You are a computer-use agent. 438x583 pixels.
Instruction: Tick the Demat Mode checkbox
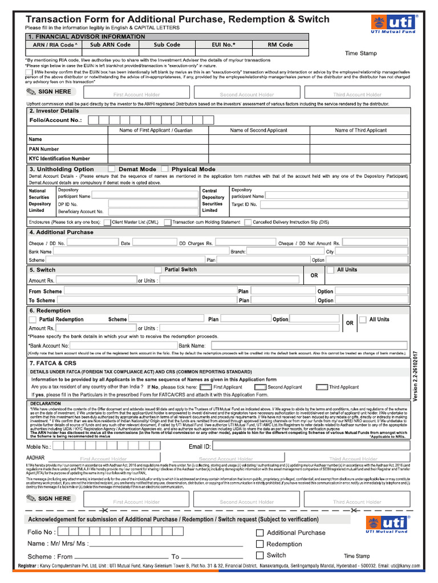(112, 169)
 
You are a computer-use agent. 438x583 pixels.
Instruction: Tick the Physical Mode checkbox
(165, 169)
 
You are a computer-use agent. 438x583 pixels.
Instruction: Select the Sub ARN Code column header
(111, 44)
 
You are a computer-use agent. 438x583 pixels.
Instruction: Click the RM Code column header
(280, 44)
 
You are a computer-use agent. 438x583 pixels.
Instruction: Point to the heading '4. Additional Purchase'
(61, 232)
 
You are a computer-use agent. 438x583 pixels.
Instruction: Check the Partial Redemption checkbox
(33, 320)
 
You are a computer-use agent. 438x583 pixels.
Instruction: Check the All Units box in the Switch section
(330, 270)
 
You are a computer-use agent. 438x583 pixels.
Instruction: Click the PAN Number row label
(43, 149)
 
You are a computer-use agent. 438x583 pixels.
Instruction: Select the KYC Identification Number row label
(59, 159)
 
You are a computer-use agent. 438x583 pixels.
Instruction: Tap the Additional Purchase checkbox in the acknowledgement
(260, 533)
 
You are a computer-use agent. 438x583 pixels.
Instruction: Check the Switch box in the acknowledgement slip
(260, 555)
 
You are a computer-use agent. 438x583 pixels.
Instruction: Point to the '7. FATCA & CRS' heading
(53, 363)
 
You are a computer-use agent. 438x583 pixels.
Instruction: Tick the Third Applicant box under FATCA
(322, 387)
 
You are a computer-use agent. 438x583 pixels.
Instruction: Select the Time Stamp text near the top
(360, 54)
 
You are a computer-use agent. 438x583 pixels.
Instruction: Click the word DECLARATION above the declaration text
(46, 403)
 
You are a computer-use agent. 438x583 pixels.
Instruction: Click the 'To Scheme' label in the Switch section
(42, 301)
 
